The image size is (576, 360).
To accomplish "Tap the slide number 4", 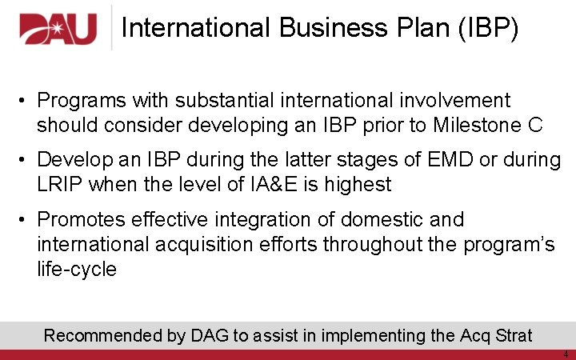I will tap(566, 354).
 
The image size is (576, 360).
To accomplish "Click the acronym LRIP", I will tap(60, 185).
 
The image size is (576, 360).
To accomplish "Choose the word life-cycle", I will tap(77, 269).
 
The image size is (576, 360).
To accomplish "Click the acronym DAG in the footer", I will tap(210, 335).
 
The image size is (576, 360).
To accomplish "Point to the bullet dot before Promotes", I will tap(26, 219).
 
